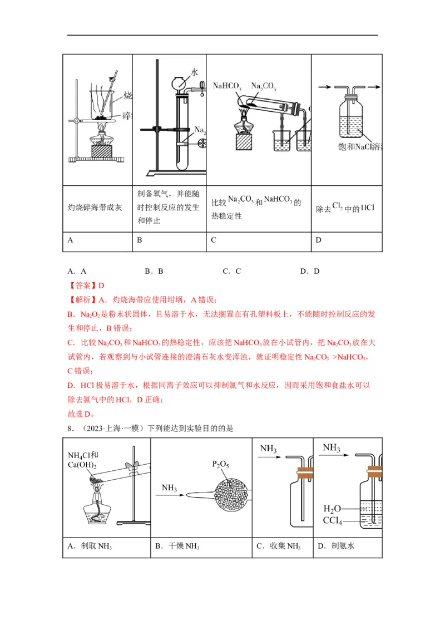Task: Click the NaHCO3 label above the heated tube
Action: [228, 87]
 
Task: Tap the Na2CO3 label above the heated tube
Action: [264, 86]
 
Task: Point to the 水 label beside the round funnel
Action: [194, 73]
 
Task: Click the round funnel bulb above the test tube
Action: [181, 84]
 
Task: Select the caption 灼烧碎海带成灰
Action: [98, 208]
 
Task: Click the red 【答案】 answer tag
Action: [82, 286]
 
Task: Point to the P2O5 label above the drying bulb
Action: [221, 464]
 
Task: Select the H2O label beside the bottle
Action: [332, 509]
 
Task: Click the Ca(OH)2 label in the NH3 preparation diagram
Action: [82, 465]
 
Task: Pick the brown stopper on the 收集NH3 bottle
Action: [304, 474]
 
